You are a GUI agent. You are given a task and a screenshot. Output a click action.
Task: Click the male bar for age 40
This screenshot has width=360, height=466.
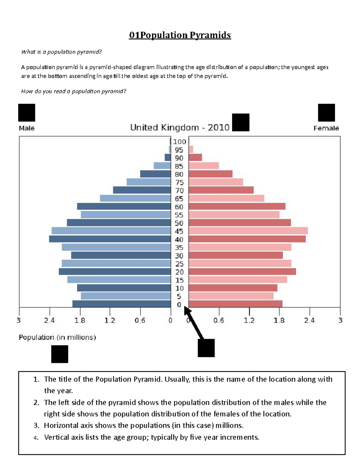point(110,239)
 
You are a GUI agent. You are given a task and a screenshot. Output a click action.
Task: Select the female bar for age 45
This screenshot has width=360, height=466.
point(248,231)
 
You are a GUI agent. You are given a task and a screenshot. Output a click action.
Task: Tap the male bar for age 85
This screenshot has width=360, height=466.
point(162,166)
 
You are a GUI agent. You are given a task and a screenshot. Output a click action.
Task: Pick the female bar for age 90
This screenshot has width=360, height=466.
point(195,158)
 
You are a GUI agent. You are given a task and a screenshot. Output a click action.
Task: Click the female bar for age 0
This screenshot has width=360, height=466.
point(235,304)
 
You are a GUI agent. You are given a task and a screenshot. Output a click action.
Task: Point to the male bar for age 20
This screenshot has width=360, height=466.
point(115,272)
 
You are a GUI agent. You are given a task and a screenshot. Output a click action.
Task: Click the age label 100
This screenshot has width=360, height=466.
point(179,142)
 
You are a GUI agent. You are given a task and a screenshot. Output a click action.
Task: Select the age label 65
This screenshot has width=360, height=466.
point(179,199)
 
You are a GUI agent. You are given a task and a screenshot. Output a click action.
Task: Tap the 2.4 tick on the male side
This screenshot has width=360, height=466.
point(49,320)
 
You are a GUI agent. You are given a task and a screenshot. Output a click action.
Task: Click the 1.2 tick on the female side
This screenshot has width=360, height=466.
point(249,320)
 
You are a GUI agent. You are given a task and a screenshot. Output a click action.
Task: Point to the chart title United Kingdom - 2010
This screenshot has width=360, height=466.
point(180,128)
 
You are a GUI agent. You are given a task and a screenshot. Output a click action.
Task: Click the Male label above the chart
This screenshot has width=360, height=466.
point(27,128)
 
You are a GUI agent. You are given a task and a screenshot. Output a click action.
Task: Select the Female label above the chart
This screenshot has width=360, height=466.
point(326,128)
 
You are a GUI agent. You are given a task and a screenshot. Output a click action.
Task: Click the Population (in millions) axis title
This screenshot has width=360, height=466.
point(57,338)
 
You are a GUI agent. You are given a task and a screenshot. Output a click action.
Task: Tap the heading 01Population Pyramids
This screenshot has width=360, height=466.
point(180,35)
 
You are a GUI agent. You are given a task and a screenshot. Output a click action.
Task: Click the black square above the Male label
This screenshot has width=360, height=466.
point(27,113)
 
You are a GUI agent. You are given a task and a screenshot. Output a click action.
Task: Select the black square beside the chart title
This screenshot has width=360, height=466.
point(241,122)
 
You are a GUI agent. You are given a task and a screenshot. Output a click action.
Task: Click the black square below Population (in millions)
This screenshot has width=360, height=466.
point(60,354)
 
